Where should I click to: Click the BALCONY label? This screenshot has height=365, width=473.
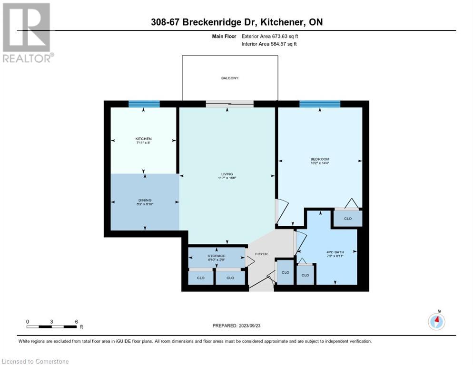point(230,78)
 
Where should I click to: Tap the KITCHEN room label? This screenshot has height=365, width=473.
point(143,139)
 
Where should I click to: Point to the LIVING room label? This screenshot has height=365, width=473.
point(227,174)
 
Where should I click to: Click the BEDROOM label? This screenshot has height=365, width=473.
point(319,159)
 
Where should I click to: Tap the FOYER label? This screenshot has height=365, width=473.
point(261,254)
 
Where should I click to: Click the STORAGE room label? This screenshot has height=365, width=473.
point(217,256)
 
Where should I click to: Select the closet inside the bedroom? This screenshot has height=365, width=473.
point(347,219)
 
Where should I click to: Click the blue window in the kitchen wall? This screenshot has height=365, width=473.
point(144,104)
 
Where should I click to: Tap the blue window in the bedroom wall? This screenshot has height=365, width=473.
point(319,104)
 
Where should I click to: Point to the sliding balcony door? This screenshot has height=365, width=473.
point(230,104)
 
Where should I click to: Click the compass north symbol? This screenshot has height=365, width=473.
point(436,321)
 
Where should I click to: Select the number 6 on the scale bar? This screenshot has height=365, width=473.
point(77,321)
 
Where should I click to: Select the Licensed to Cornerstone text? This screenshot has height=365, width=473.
point(36,362)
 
